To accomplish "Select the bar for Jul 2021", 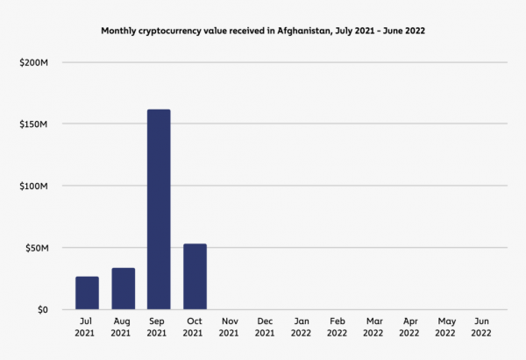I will (x=87, y=293).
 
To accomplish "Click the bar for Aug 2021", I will (x=123, y=289).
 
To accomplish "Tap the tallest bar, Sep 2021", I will (x=159, y=209).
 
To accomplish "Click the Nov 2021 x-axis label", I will (x=230, y=327).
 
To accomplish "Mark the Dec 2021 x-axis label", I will (x=266, y=327).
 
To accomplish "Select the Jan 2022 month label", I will (x=302, y=327).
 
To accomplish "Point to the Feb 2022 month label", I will (x=338, y=327).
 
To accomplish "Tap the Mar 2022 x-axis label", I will (x=373, y=327).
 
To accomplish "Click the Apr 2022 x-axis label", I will (x=409, y=327).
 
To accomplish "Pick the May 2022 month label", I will (x=445, y=327).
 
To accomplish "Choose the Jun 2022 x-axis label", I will (x=481, y=327).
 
